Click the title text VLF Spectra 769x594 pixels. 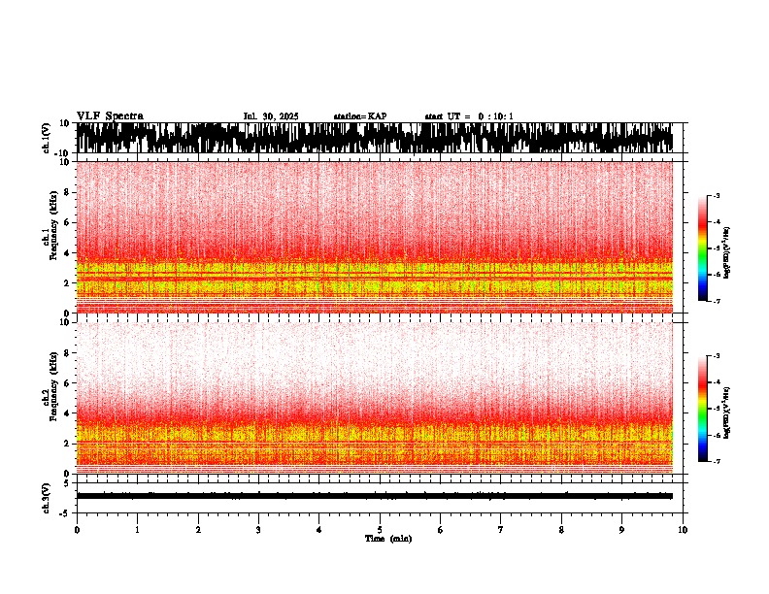110,115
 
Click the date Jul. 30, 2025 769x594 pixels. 271,116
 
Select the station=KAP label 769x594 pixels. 359,116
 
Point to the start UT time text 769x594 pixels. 469,116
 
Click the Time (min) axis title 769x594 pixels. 387,538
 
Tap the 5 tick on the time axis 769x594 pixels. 380,529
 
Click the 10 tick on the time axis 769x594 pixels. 684,529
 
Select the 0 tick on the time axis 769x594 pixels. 77,529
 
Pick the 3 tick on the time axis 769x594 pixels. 258,529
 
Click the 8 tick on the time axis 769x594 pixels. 561,529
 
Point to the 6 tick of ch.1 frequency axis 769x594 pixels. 66,222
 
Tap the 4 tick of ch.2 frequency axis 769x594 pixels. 66,412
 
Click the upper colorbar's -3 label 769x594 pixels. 717,196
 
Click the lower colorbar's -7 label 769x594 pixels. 717,462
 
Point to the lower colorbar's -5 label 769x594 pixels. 717,409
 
